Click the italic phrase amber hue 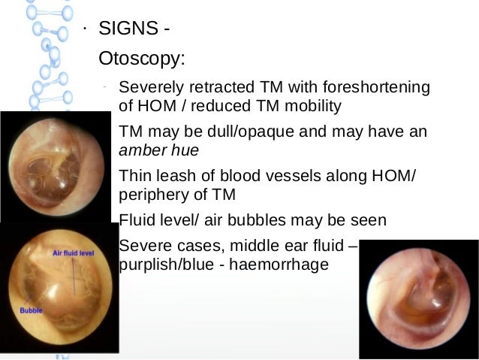(159, 150)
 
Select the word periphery (152, 195)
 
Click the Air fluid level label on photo (72, 254)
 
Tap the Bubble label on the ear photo (31, 310)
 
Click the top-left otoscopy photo (55, 166)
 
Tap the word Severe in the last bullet (143, 247)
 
